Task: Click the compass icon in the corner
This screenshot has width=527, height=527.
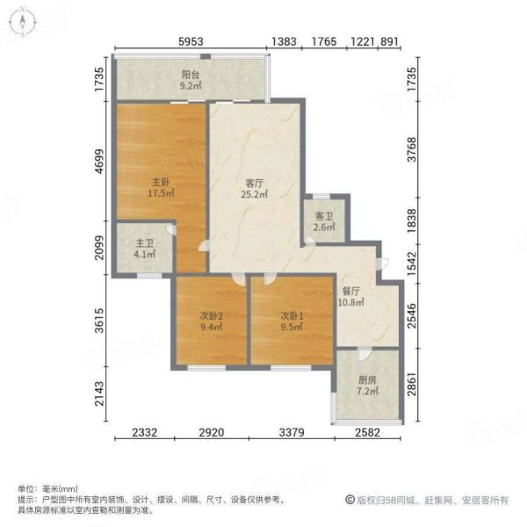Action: tap(23, 23)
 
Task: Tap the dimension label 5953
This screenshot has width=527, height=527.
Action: tap(191, 41)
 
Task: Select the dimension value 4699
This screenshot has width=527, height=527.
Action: tap(99, 162)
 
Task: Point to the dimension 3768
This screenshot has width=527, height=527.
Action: tap(411, 149)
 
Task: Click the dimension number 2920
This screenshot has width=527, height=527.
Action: tap(212, 432)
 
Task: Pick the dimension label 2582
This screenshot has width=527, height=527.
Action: tap(367, 432)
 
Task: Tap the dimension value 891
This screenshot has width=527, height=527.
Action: tap(389, 41)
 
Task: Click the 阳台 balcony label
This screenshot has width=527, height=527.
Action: tap(191, 75)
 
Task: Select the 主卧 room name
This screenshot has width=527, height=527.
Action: tap(161, 182)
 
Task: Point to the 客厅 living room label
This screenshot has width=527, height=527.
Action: tap(254, 184)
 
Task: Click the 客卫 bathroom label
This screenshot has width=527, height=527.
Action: tap(324, 216)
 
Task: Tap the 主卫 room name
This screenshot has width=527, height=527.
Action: tap(145, 243)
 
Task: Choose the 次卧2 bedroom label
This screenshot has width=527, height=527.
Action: tap(212, 316)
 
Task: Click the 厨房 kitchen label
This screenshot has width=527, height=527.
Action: tap(367, 380)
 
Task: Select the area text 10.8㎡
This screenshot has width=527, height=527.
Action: tap(350, 302)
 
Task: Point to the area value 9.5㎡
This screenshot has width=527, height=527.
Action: tap(292, 327)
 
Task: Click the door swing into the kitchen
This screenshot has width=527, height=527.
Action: tap(365, 355)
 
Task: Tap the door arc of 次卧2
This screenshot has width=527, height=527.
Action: tap(239, 280)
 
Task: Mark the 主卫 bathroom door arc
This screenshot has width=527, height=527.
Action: tap(171, 229)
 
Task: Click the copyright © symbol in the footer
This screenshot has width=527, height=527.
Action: tap(350, 500)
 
